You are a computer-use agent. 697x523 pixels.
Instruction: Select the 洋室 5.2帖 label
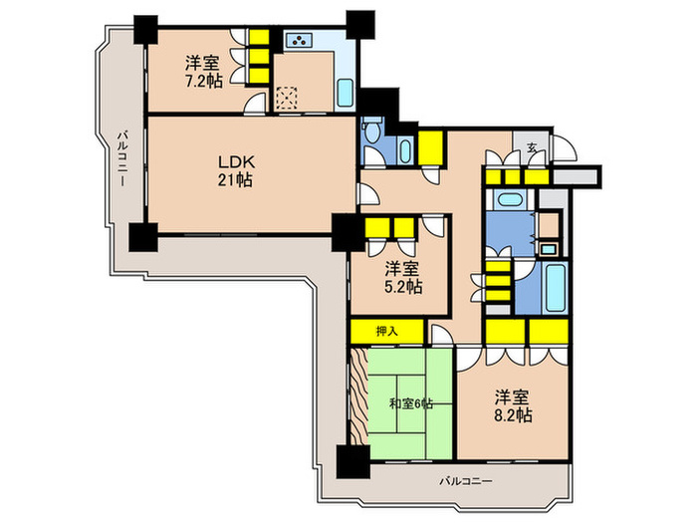click(x=403, y=277)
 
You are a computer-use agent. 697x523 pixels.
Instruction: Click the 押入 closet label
click(x=386, y=330)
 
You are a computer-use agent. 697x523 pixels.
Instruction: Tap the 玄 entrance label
click(x=533, y=148)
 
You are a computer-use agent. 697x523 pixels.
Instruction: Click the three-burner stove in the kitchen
click(x=299, y=41)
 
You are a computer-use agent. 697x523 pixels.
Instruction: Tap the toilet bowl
click(x=372, y=133)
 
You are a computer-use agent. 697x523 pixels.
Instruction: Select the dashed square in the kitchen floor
click(x=288, y=98)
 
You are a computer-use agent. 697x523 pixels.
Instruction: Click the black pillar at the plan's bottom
click(x=350, y=460)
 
